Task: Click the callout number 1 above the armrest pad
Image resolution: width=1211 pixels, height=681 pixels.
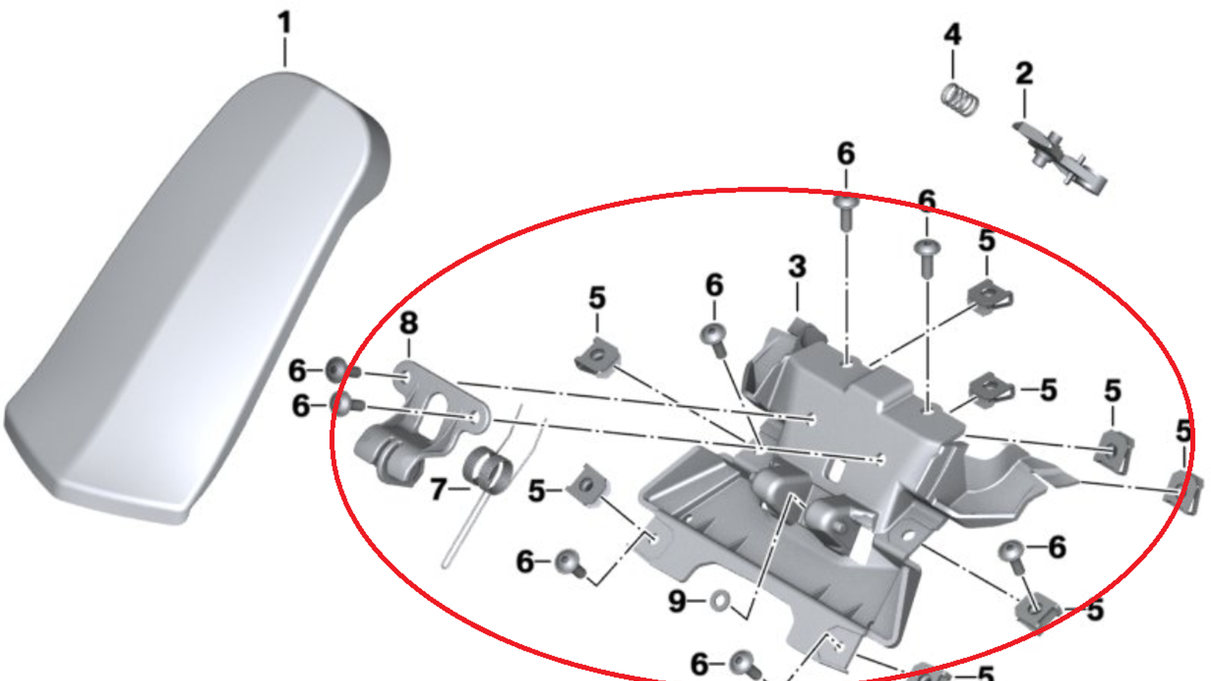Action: [284, 24]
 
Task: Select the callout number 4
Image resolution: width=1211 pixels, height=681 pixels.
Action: [952, 35]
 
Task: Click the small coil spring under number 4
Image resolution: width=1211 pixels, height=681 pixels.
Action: [960, 100]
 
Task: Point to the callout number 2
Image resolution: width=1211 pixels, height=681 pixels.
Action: [1024, 74]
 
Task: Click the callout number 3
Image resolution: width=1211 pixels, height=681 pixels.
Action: [797, 267]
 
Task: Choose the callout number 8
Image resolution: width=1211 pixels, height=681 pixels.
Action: [409, 323]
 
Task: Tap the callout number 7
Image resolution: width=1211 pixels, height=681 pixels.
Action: [438, 489]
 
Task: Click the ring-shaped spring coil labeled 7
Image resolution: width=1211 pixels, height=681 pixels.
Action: [486, 467]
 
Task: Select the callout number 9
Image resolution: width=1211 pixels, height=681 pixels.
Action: [677, 601]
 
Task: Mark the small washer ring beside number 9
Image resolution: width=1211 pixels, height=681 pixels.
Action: [718, 601]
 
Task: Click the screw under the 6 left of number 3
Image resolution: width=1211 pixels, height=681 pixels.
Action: [715, 335]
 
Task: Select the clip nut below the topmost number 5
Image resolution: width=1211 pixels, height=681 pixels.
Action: [988, 295]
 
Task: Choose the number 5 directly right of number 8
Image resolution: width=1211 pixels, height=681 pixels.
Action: [597, 298]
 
